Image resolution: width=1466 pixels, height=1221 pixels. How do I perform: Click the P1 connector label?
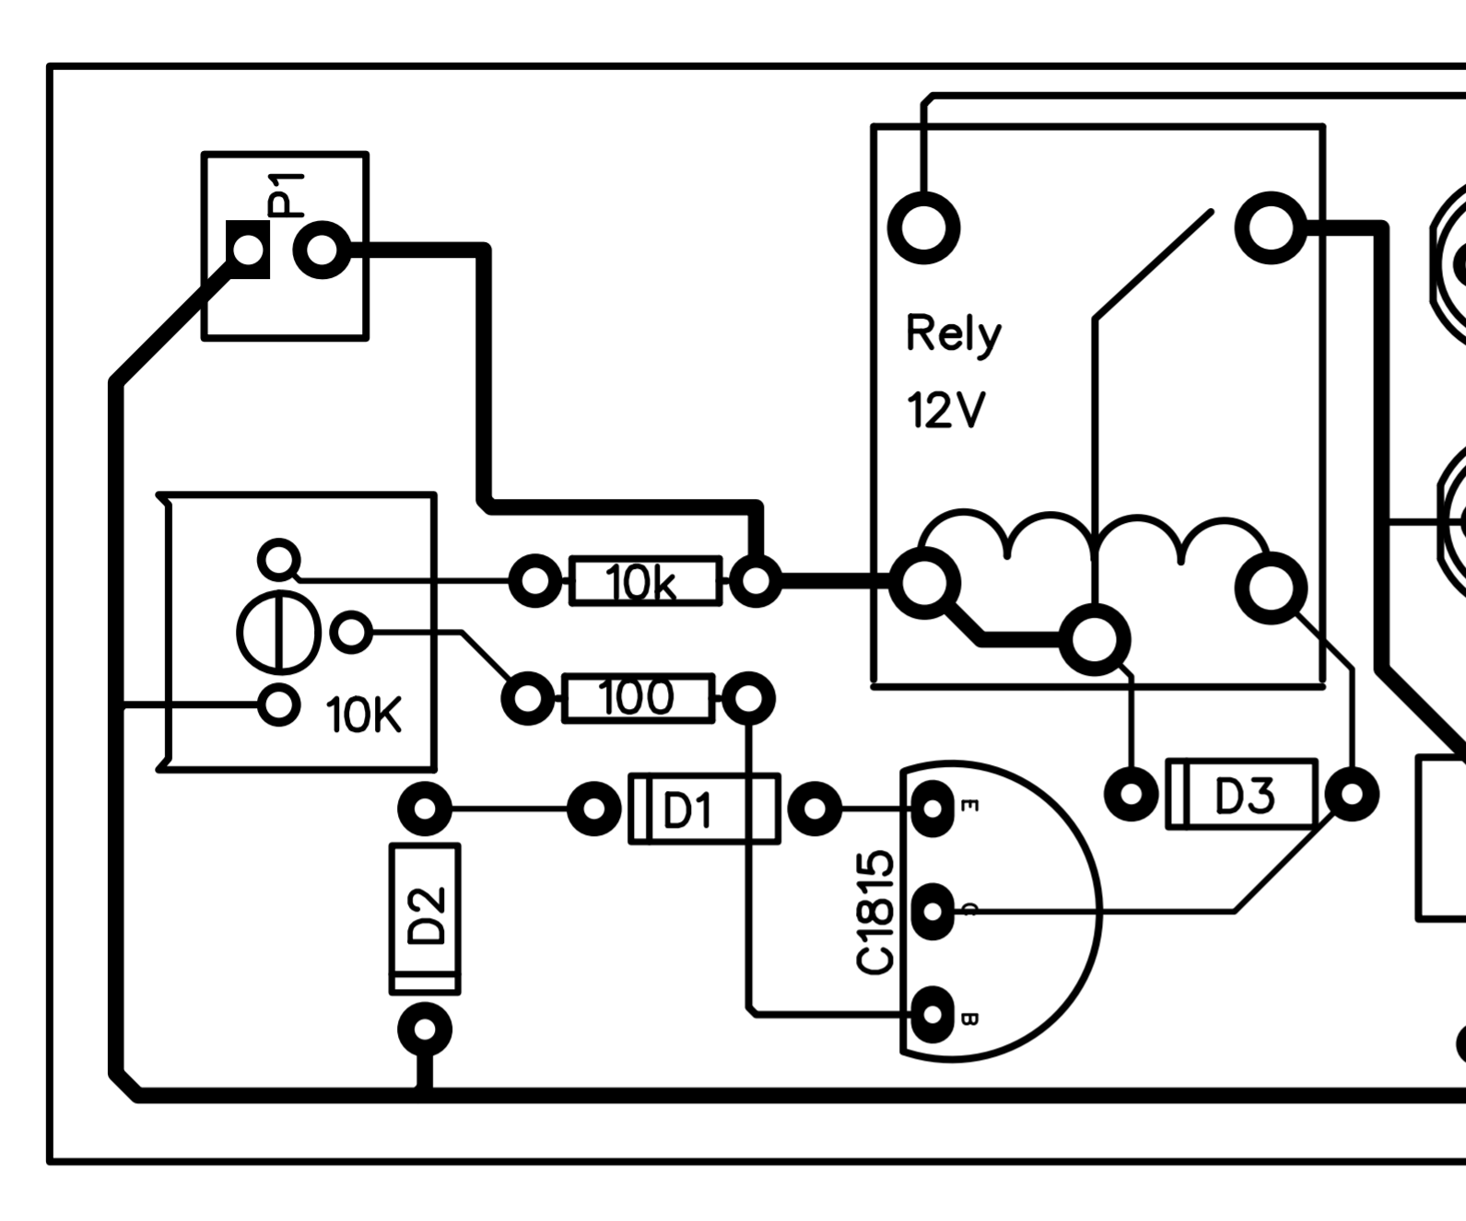(x=285, y=194)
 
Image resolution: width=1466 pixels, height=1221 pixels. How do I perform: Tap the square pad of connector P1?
(x=248, y=250)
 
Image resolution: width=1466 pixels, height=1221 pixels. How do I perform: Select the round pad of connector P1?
(x=322, y=250)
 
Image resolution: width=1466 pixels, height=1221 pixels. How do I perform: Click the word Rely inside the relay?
(x=953, y=334)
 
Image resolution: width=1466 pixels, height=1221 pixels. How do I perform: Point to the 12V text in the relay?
(x=945, y=411)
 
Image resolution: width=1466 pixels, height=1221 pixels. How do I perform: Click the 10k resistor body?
(x=645, y=582)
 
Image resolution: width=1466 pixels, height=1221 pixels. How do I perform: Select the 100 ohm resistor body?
(x=637, y=699)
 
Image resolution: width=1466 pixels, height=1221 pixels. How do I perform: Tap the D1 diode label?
(x=687, y=811)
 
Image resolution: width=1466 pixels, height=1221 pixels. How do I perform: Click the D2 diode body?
(x=425, y=918)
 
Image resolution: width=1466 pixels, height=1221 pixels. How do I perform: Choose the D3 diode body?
(x=1242, y=795)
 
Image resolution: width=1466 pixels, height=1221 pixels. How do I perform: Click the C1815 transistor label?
(x=874, y=913)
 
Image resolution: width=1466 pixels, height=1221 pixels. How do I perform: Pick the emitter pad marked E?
(x=932, y=808)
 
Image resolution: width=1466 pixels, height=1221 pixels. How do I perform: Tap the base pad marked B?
(x=932, y=1015)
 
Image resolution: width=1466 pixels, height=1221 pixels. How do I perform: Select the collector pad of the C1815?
(x=932, y=912)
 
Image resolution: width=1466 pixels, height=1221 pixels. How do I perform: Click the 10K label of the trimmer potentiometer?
(x=364, y=715)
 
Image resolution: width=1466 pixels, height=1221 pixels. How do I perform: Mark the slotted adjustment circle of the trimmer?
(x=278, y=634)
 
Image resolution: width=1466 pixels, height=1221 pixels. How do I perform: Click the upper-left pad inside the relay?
(x=923, y=227)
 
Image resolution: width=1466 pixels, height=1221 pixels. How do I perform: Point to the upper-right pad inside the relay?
(x=1271, y=227)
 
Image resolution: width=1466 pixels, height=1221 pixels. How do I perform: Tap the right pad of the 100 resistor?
(x=748, y=699)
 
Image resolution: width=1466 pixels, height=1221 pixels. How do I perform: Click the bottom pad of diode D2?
(x=425, y=1029)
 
